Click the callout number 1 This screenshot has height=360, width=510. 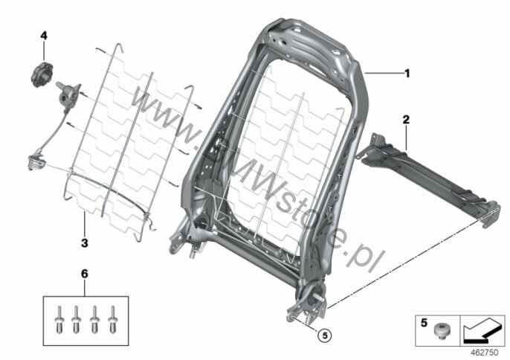(x=407, y=74)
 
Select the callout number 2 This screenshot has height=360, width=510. (x=406, y=120)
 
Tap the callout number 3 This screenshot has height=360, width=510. (x=85, y=242)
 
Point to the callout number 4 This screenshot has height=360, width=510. (x=44, y=36)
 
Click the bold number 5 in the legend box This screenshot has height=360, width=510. (x=424, y=323)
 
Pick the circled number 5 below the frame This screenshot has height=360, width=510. (x=325, y=335)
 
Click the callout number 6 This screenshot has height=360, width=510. (x=84, y=274)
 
